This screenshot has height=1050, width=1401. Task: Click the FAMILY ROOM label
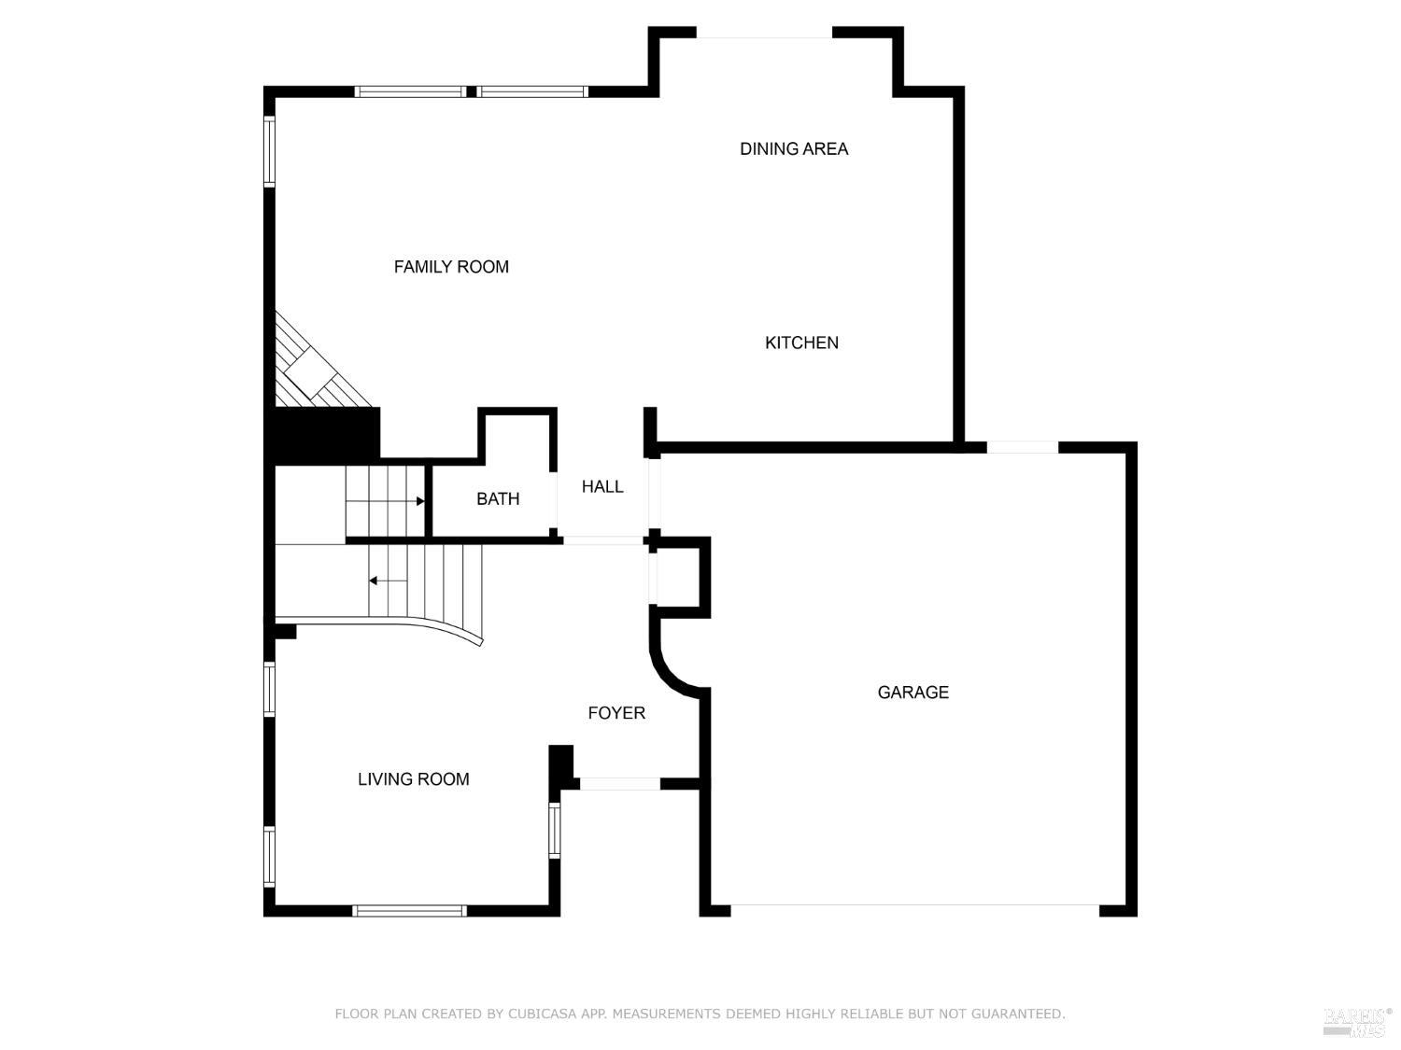(x=451, y=267)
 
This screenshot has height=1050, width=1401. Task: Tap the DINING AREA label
(x=794, y=148)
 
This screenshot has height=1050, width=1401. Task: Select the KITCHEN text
(x=801, y=343)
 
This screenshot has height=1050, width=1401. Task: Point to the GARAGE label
(x=913, y=692)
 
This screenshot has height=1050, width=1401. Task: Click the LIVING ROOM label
(x=413, y=779)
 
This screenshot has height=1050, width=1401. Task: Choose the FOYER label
(x=616, y=713)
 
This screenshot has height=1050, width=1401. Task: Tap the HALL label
(x=602, y=486)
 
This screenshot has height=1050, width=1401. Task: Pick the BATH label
(x=498, y=498)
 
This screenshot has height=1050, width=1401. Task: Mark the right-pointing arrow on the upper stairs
(x=419, y=501)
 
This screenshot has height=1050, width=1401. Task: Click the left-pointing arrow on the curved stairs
(x=374, y=581)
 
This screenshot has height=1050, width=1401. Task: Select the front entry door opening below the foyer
(x=619, y=784)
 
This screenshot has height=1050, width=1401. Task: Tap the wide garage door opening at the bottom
(x=914, y=906)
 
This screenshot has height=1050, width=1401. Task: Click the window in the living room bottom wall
(x=409, y=911)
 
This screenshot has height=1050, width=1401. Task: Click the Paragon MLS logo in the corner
(x=1355, y=1021)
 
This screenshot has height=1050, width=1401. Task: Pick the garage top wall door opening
(x=1022, y=447)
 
